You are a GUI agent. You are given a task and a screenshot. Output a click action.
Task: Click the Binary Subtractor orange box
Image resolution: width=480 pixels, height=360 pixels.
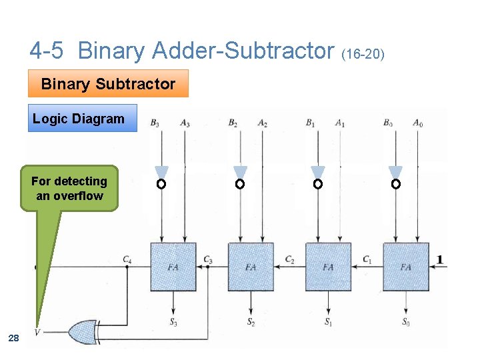[x=108, y=84]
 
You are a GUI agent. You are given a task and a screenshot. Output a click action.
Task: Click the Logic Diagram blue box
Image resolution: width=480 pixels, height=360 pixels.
[x=79, y=119]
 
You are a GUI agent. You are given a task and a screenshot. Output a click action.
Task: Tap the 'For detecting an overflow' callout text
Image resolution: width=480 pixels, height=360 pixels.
[x=69, y=189]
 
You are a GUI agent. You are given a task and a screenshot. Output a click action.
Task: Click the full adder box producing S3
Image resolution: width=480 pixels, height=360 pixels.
[x=173, y=267]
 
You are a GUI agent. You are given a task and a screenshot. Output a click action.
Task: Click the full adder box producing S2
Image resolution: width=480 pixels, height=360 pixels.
[x=251, y=267]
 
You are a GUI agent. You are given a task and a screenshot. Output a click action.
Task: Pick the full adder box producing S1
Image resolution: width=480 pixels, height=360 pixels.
[x=328, y=267]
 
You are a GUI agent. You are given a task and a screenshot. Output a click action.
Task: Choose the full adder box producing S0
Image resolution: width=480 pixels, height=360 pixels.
[x=405, y=267]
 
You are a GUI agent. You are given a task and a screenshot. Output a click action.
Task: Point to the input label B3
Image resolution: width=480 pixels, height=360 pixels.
[x=155, y=123]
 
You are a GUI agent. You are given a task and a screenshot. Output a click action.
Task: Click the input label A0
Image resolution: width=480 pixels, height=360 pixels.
[x=417, y=123]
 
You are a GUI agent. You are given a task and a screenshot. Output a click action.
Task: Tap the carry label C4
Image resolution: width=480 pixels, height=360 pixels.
[x=127, y=259]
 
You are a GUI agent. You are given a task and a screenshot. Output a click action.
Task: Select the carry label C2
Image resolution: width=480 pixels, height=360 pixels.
[x=289, y=259]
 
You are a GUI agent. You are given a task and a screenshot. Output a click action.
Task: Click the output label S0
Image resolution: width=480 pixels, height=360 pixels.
[x=406, y=322]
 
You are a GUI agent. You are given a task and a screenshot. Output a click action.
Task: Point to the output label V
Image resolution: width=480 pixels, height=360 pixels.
[x=38, y=331]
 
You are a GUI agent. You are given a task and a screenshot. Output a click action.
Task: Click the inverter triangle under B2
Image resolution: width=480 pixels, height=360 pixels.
[x=241, y=172]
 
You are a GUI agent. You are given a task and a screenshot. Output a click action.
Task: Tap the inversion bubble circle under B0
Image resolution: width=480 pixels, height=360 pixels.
[x=395, y=183]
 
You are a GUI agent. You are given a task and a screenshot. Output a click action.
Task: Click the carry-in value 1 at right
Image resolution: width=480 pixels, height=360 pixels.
[x=441, y=259]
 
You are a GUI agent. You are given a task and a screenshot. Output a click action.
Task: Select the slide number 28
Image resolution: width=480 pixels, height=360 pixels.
[x=13, y=339]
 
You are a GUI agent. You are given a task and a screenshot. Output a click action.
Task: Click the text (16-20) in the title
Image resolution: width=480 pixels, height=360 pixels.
[x=363, y=53]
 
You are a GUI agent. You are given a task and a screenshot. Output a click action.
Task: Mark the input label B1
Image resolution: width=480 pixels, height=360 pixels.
[x=310, y=123]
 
